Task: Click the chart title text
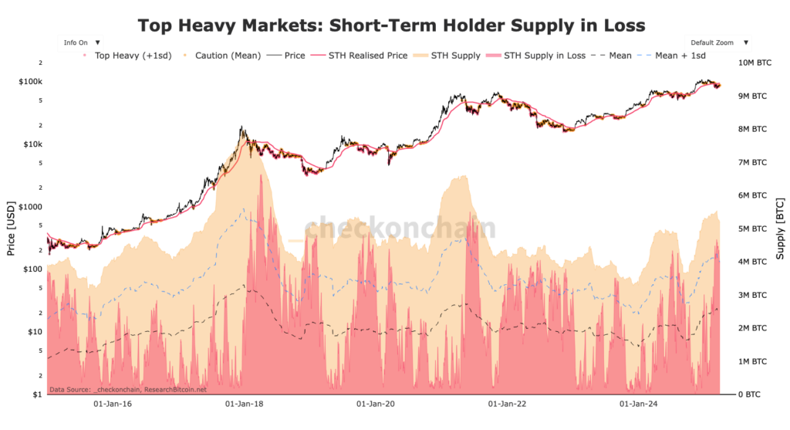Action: point(391,25)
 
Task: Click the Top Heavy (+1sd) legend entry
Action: point(120,56)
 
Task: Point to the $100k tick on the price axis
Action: point(30,82)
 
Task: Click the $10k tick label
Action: point(32,144)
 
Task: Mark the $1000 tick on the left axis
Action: point(31,207)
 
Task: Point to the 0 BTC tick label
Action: point(749,394)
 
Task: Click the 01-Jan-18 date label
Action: point(244,404)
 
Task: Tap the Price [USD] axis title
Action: point(10,229)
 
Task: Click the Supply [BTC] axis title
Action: point(781,229)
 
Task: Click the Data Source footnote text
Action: point(128,390)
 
